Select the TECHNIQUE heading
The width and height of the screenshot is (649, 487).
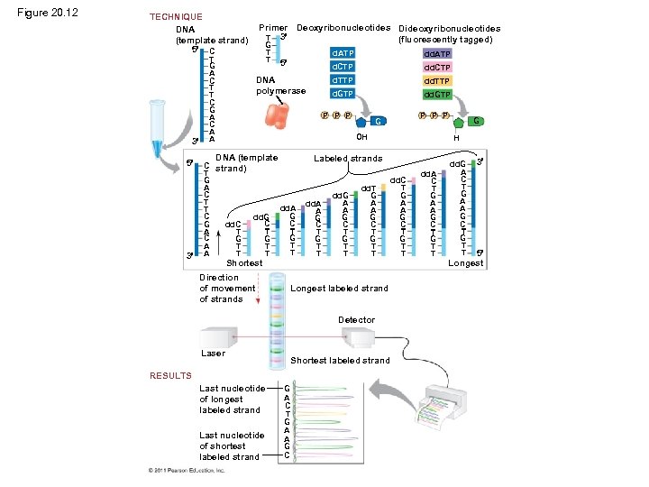[x=176, y=17]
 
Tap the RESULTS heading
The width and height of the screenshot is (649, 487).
[x=170, y=376]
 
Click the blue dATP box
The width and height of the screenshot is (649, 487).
[x=342, y=53]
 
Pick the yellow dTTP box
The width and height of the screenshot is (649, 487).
[x=342, y=80]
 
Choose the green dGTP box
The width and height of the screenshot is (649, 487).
[x=342, y=94]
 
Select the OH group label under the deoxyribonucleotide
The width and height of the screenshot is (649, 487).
[x=361, y=138]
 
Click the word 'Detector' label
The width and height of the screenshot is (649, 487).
[x=356, y=320]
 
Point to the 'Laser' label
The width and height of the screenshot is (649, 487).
[x=214, y=353]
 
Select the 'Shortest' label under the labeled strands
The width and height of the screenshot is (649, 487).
[x=243, y=263]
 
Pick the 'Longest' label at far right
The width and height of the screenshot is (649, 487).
[x=465, y=263]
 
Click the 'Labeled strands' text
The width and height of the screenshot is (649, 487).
[x=347, y=159]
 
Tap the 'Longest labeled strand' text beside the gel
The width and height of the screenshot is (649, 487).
[x=340, y=289]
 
